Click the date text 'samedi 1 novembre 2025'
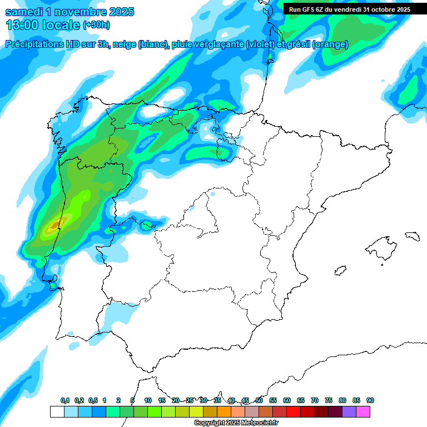pos(69,12)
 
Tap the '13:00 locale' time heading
pos(43,25)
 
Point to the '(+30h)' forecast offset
pos(96,25)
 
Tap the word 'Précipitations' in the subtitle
pos(36,44)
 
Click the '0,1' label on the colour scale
pos(65,401)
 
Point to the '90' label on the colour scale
pos(370,401)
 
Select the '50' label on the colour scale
pos(259,401)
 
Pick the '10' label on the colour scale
pos(148,401)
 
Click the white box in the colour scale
pos(57,411)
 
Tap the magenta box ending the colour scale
pos(363,411)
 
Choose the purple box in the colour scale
pos(349,411)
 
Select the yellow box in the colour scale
pos(196,411)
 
